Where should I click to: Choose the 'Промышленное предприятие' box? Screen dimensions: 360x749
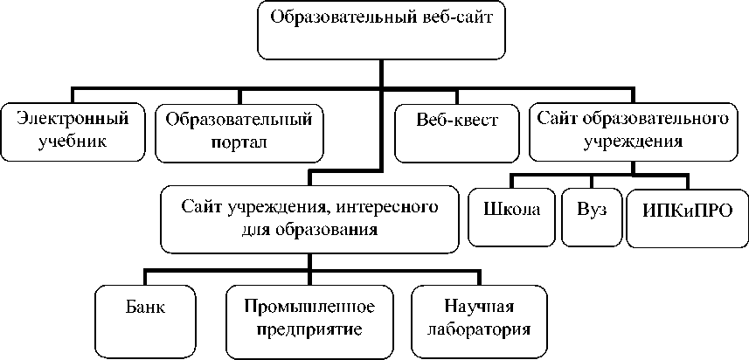click(309, 318)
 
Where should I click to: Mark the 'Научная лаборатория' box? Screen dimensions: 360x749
click(477, 318)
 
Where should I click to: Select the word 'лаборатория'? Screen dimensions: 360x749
click(477, 329)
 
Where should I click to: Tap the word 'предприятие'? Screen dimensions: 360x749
click(309, 329)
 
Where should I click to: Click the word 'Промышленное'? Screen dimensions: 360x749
click(309, 308)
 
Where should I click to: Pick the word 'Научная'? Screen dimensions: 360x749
click(477, 308)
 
